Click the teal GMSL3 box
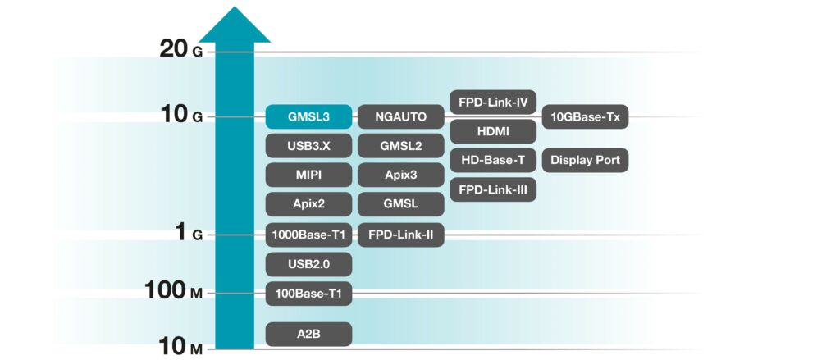pyautogui.click(x=308, y=116)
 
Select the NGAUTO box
pyautogui.click(x=400, y=116)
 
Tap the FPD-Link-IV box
pyautogui.click(x=493, y=102)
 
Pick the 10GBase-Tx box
pyautogui.click(x=585, y=116)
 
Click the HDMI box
pyautogui.click(x=493, y=131)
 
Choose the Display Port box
pyautogui.click(x=585, y=160)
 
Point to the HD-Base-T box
pyautogui.click(x=493, y=160)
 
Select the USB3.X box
pyautogui.click(x=308, y=146)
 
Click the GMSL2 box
pyautogui.click(x=400, y=146)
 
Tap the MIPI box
pyautogui.click(x=308, y=175)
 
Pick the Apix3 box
pyautogui.click(x=400, y=175)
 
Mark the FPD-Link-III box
pyautogui.click(x=493, y=189)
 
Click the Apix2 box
pyautogui.click(x=308, y=204)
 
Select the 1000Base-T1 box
pyautogui.click(x=308, y=235)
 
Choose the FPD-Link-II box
pyautogui.click(x=400, y=235)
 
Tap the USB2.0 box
pyautogui.click(x=308, y=264)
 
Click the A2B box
pyautogui.click(x=308, y=335)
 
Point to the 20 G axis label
pyautogui.click(x=181, y=50)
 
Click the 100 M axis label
pyautogui.click(x=174, y=291)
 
